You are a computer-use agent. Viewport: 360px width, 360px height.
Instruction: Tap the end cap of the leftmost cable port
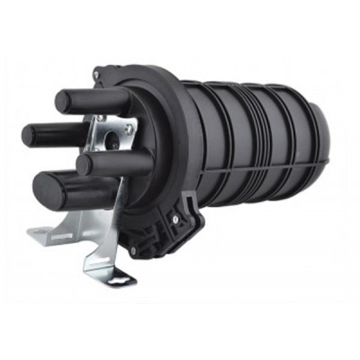[x=31, y=135]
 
